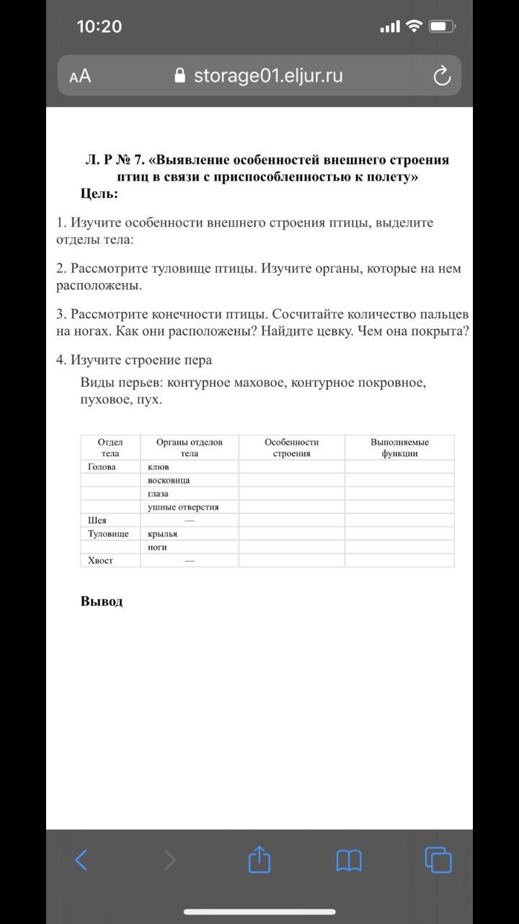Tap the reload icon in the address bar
click(x=441, y=76)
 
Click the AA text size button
click(x=80, y=76)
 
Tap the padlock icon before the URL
click(x=180, y=76)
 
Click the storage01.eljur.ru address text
click(x=268, y=76)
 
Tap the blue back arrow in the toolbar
click(x=81, y=860)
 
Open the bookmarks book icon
click(x=349, y=860)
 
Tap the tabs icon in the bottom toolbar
click(x=438, y=860)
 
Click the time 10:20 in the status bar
click(x=99, y=27)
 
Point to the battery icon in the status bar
click(x=440, y=27)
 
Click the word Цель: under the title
click(x=99, y=193)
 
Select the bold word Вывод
click(x=102, y=601)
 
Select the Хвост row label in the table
click(x=100, y=560)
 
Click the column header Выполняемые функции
click(x=399, y=448)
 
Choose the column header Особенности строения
click(x=291, y=448)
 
